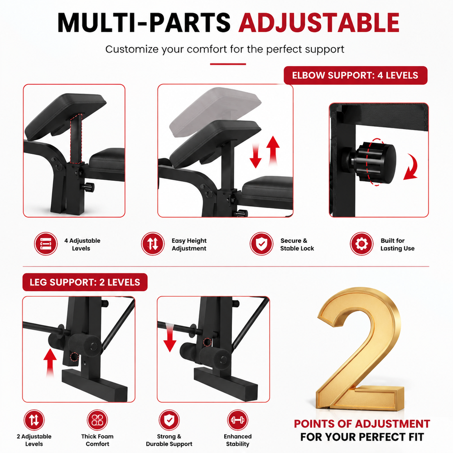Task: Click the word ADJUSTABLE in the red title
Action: click(x=319, y=23)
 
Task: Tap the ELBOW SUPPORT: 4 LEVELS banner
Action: click(x=355, y=75)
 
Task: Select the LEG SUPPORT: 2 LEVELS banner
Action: click(x=85, y=282)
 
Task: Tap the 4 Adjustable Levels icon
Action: click(x=46, y=244)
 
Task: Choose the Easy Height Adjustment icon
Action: click(x=153, y=244)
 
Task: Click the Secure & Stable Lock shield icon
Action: click(x=261, y=244)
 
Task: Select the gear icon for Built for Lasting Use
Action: click(x=361, y=244)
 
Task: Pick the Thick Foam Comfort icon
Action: click(x=97, y=420)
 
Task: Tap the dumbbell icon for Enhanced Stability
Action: click(x=237, y=420)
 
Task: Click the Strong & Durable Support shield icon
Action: click(x=169, y=420)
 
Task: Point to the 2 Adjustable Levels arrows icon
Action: click(x=34, y=420)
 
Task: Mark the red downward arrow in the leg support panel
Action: click(x=170, y=338)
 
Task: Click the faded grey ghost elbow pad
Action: click(x=215, y=111)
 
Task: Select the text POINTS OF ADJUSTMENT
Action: click(x=362, y=424)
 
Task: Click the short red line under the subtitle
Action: click(x=228, y=64)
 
